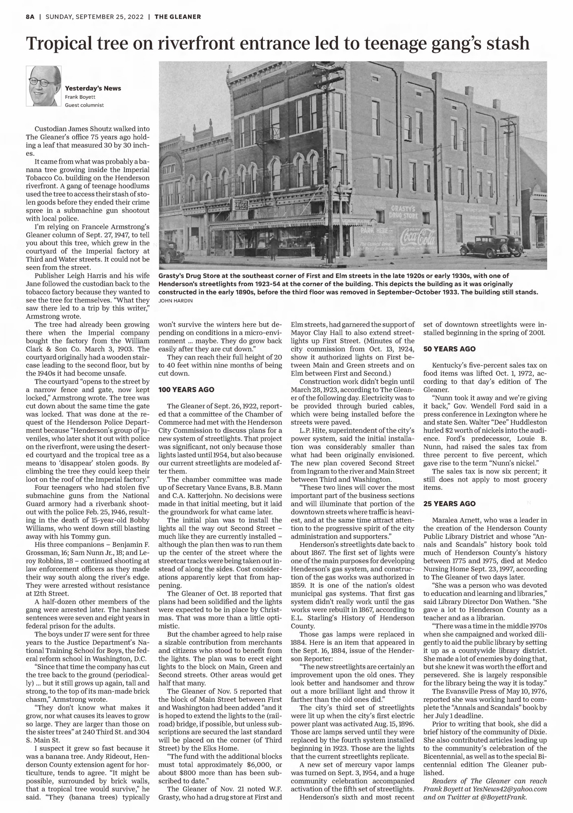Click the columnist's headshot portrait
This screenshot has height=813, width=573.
click(x=43, y=86)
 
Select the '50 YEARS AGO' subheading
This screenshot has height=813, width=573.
click(x=449, y=349)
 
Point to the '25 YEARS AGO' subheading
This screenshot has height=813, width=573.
click(x=449, y=503)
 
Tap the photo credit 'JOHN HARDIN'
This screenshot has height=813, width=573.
click(x=176, y=301)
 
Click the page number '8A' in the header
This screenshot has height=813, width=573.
click(x=30, y=17)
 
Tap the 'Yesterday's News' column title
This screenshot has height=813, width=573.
click(x=93, y=88)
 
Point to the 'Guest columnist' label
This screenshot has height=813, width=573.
click(x=84, y=105)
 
